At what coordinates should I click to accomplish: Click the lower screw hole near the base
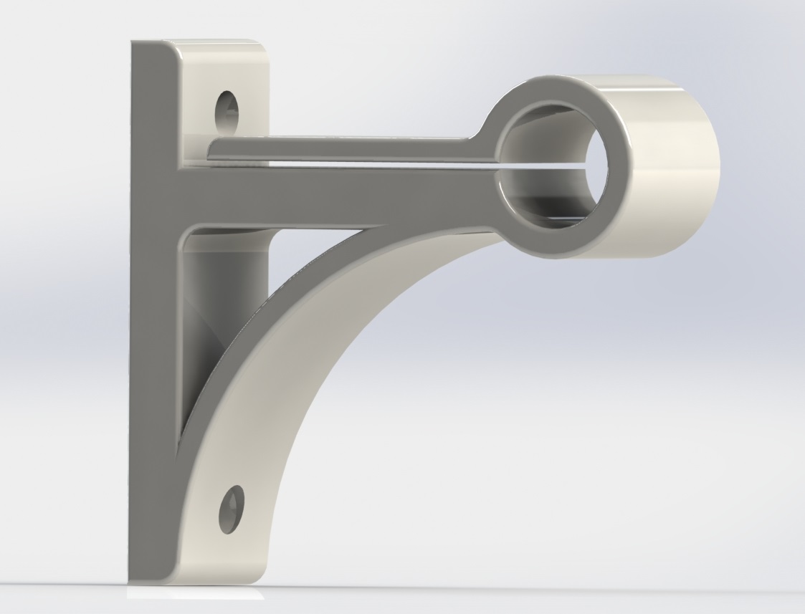coord(233,509)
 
